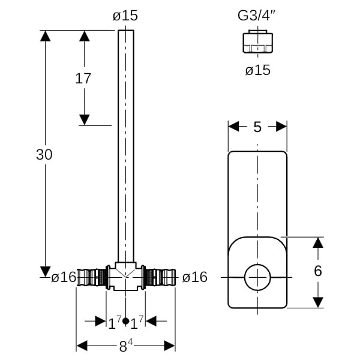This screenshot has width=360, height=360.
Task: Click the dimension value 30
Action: [44, 154]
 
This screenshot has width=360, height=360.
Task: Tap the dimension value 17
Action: [83, 77]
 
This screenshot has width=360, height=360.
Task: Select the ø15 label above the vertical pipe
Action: [125, 15]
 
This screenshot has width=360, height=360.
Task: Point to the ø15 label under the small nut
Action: [257, 70]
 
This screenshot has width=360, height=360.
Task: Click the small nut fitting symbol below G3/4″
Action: [257, 43]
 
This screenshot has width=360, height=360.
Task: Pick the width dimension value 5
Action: [257, 127]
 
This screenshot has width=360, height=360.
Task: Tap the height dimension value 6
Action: [317, 271]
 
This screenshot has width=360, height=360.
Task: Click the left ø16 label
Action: [64, 277]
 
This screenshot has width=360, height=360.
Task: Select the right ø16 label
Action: [194, 277]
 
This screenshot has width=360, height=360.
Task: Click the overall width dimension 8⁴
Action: [125, 346]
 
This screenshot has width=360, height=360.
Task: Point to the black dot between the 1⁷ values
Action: [125, 322]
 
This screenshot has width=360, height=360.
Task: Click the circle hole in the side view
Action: [257, 278]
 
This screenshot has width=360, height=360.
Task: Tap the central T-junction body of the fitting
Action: [125, 277]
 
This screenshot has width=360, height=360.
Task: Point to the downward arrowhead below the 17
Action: [85, 119]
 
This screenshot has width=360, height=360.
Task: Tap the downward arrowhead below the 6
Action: [317, 301]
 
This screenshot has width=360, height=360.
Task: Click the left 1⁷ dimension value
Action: [115, 322]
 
